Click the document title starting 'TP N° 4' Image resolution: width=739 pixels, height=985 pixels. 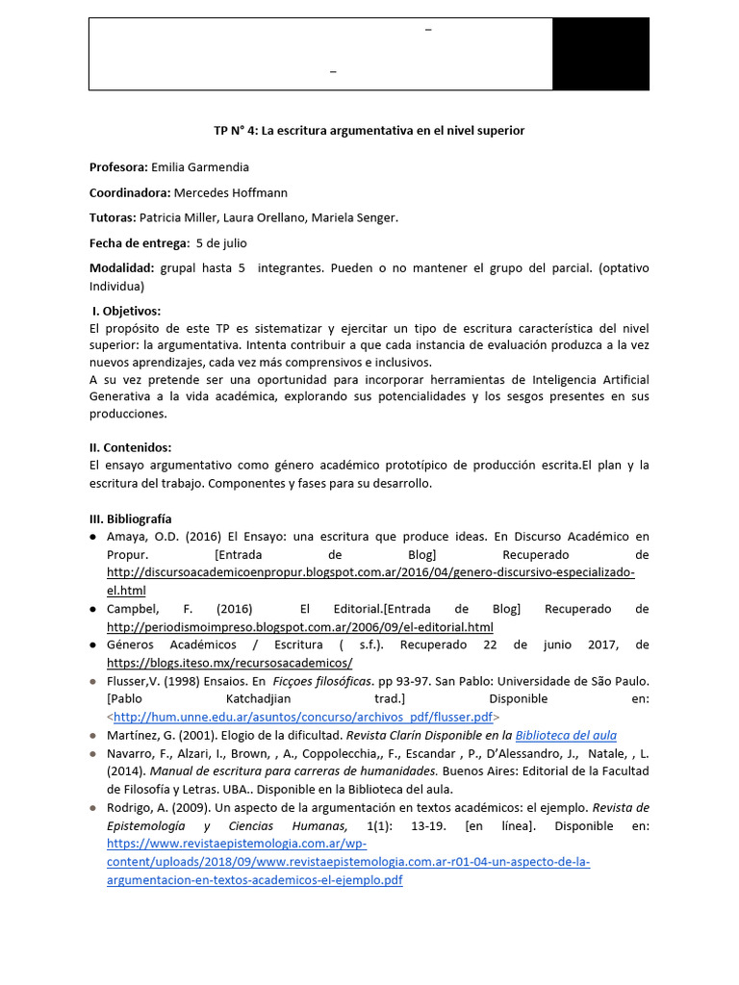369,130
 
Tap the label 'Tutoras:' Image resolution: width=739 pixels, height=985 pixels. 113,217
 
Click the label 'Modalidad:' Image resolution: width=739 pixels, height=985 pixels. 121,268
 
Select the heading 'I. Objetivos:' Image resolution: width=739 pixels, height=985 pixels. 126,311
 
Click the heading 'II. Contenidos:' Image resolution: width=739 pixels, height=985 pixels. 130,447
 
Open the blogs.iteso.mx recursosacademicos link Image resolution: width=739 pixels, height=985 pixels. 229,663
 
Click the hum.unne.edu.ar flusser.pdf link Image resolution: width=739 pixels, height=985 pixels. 303,717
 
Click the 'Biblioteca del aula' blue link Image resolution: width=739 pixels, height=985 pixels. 566,735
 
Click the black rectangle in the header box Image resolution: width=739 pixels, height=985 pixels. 600,54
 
